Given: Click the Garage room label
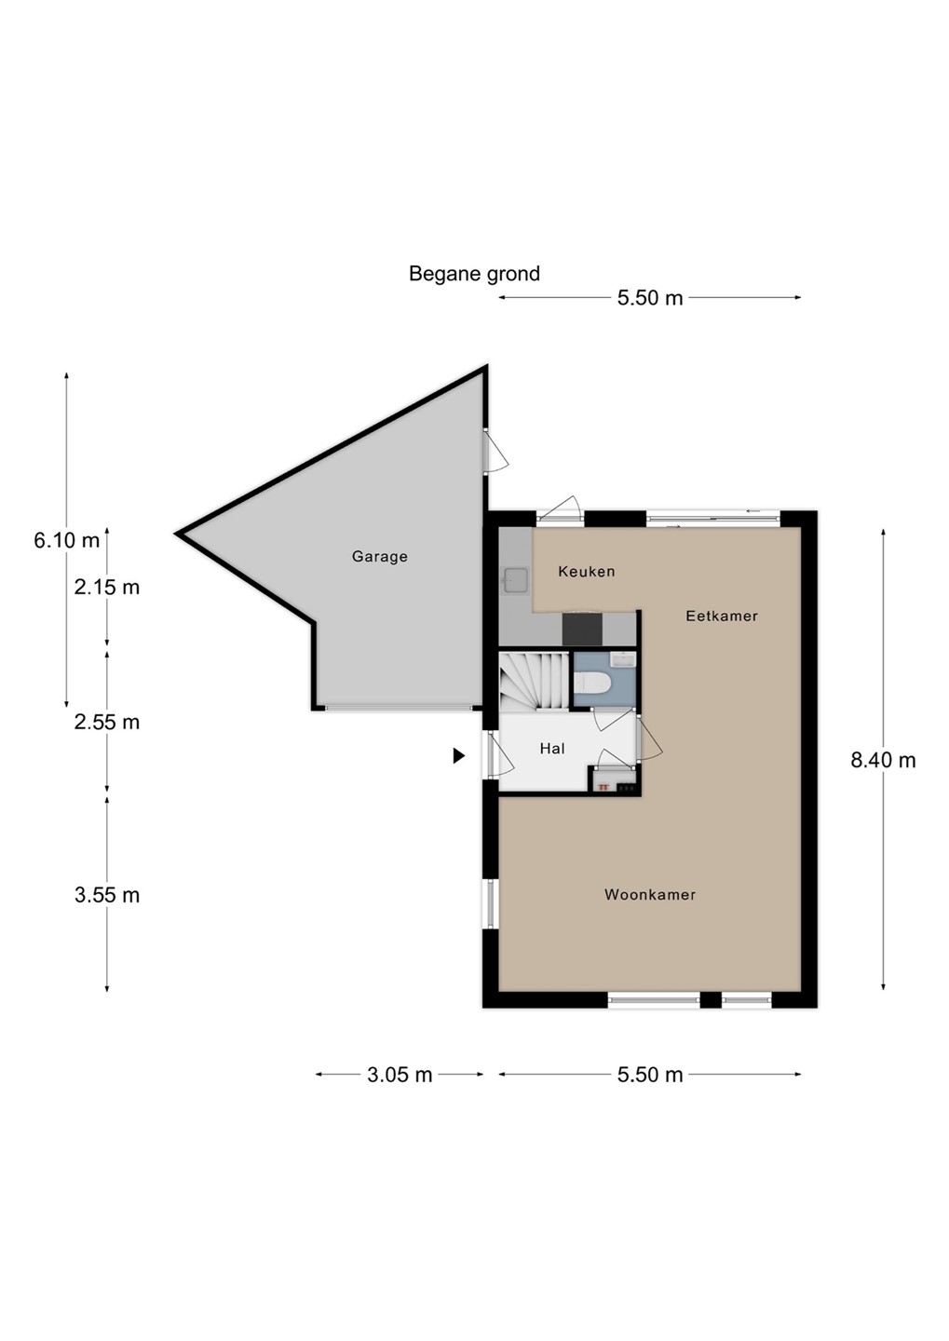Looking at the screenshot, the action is coord(380,556).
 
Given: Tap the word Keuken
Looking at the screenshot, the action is coord(586,571).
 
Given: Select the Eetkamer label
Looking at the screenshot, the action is coord(722,616).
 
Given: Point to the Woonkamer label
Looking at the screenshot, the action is coord(650,894).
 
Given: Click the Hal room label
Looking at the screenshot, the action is coord(552,749).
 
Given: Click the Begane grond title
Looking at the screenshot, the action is coord(474,274).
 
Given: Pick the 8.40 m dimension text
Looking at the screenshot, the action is coord(883,760).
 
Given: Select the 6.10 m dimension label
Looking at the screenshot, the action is coord(66,540).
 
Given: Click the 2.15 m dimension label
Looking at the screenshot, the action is coord(107,588).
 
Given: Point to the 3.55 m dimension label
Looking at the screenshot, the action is coord(107,895).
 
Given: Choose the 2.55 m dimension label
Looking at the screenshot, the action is coord(107,722).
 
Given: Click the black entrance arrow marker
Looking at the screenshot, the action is coord(458,756).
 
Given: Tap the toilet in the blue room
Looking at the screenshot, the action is coord(591,682).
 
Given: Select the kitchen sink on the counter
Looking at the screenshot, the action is coord(516,579).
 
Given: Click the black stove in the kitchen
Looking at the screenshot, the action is coord(582,630).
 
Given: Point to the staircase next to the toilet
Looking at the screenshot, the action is coord(534,681).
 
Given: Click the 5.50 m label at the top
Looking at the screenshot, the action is coord(650,298).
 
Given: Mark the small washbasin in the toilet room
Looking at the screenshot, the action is coord(623,659).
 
